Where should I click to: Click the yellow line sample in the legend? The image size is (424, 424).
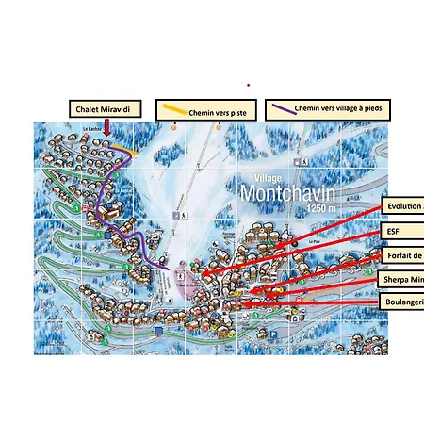tap(172, 108)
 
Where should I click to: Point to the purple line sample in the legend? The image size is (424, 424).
tap(281, 109)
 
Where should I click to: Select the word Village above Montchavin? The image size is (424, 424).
tap(271, 177)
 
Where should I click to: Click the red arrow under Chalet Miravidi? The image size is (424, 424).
tap(106, 129)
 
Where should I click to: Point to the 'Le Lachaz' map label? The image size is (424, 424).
tap(91, 129)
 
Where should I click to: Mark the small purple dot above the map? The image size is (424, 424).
tap(249, 84)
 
